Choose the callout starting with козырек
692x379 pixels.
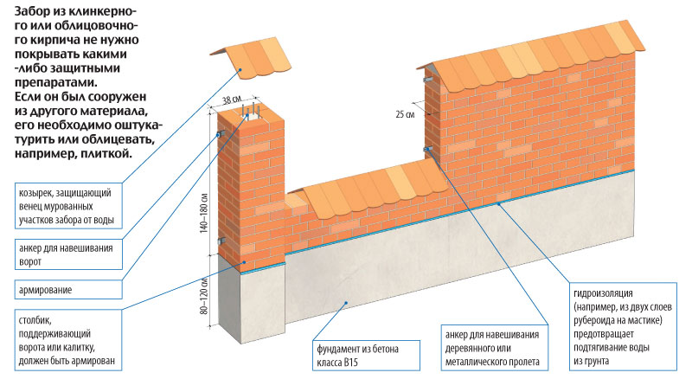coord(65,203)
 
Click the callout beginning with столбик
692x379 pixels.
coord(65,340)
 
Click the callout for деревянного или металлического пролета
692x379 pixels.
coord(489,348)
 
